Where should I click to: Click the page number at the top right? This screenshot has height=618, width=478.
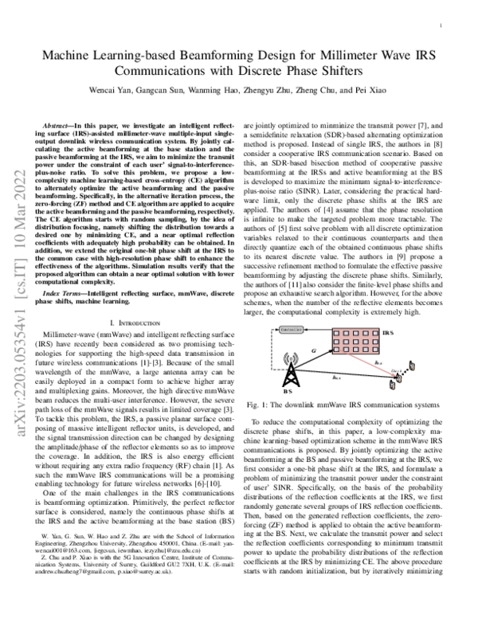pyautogui.click(x=441, y=26)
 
